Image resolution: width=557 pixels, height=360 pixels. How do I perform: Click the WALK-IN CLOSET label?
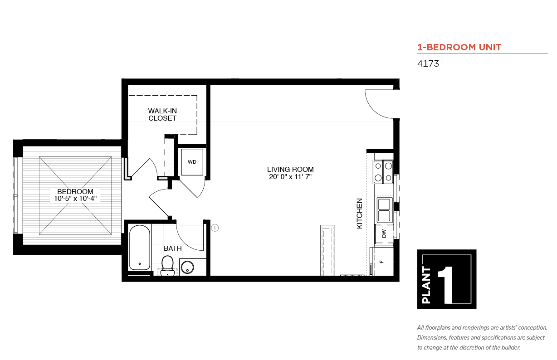pos(162,114)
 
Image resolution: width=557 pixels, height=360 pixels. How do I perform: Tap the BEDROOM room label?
pos(75,191)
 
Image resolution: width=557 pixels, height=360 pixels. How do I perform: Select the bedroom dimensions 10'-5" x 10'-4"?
pos(75,199)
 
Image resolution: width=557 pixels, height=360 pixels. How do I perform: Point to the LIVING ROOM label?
pos(290,170)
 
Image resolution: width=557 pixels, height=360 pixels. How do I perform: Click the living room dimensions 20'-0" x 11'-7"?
pos(290,177)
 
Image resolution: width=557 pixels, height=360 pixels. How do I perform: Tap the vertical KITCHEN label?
pos(359,213)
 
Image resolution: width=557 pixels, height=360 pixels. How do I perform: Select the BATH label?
pos(172,248)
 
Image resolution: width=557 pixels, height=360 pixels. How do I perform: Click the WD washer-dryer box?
pos(192,162)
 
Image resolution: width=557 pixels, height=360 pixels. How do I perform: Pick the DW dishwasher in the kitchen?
pos(384,234)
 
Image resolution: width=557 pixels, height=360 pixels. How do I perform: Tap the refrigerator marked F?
pos(381,262)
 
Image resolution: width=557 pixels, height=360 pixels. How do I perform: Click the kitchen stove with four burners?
pos(383,172)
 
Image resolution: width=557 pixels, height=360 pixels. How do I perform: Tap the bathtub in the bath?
pos(139,248)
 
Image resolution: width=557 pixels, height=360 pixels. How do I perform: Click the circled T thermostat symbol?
pos(215,228)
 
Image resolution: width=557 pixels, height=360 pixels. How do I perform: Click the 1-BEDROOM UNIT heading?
pos(459,47)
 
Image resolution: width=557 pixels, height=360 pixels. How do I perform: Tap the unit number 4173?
pos(428,64)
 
